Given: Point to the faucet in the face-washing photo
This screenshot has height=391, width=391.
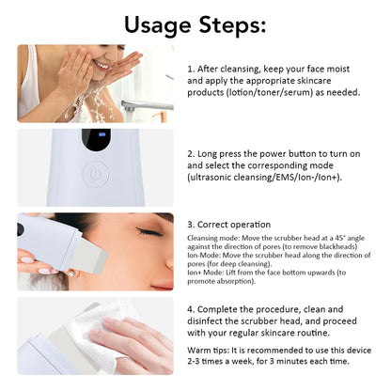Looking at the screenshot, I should pyautogui.click(x=150, y=104).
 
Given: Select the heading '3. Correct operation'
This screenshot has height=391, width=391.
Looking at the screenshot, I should pyautogui.click(x=229, y=225).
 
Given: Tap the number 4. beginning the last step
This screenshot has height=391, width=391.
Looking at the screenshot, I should pyautogui.click(x=192, y=307).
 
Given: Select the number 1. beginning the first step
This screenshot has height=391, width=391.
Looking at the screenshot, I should pyautogui.click(x=192, y=69).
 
